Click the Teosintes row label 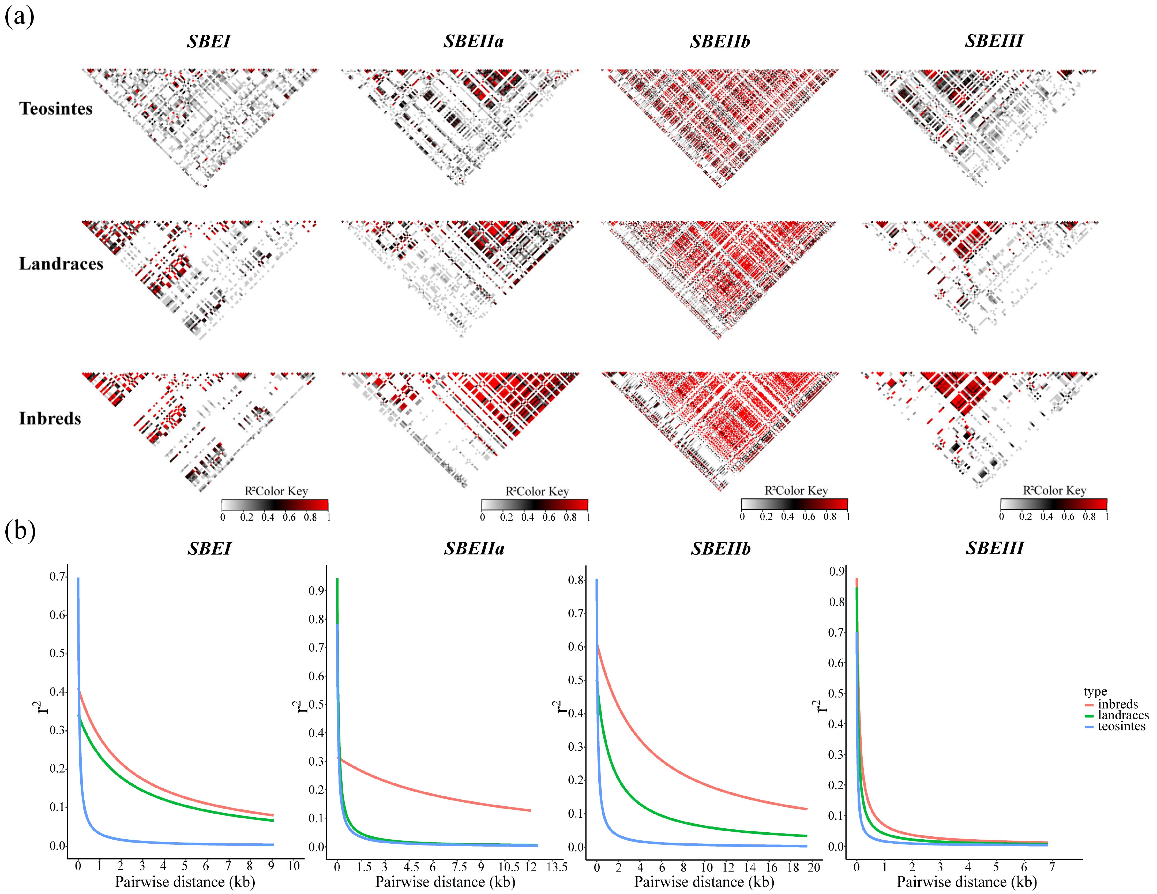[56, 109]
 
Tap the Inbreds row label [50, 419]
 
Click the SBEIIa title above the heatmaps [474, 41]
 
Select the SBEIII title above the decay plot [994, 548]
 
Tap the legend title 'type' [1095, 692]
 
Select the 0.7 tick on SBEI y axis [57, 576]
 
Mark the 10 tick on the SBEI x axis [294, 866]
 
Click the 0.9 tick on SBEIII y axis [837, 571]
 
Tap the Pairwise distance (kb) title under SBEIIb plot [704, 882]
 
